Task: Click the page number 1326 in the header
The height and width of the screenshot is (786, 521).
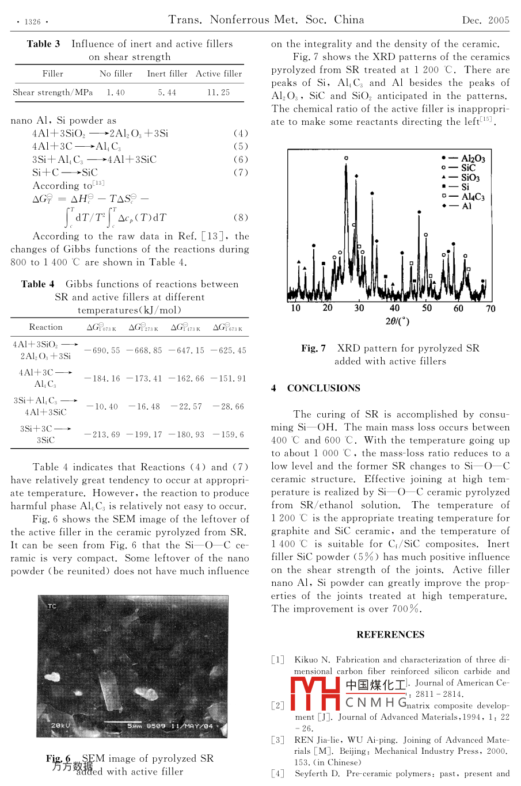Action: pos(32,22)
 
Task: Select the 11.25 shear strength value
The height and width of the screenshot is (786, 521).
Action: pos(218,92)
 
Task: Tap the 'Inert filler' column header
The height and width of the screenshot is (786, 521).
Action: pos(167,74)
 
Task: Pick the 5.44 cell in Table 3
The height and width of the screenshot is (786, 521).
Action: pos(167,92)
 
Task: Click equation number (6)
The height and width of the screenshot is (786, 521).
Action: pos(241,159)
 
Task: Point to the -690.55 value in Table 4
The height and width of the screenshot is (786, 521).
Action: pos(102,350)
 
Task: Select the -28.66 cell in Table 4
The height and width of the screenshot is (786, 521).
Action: pos(228,406)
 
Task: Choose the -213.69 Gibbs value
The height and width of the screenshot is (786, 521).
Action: pos(102,434)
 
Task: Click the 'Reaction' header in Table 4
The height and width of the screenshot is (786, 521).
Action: pos(46,327)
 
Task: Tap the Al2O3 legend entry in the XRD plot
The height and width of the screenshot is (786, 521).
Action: pos(473,158)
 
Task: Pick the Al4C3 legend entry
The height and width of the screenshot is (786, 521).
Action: pos(473,197)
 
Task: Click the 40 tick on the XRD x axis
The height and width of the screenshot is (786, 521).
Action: pos(394,308)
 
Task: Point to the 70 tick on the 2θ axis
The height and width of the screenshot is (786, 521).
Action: pos(490,308)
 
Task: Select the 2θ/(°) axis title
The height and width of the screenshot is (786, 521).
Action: pos(397,321)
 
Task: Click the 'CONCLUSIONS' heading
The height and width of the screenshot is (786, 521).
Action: pos(324,388)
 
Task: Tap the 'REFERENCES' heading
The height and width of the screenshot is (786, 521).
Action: pos(390,635)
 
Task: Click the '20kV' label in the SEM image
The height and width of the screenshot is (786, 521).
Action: pos(60,726)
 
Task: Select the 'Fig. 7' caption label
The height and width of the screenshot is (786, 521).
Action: pos(313,348)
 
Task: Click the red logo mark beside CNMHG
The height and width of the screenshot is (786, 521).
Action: pos(315,693)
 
